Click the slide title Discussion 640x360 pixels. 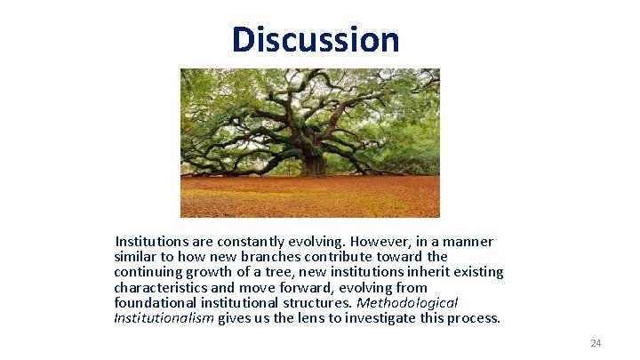(x=316, y=40)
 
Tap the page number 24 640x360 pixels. (x=596, y=343)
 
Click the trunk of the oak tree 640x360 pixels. (x=311, y=160)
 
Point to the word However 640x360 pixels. (x=380, y=242)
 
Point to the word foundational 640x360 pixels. (x=154, y=303)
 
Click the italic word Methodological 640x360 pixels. (x=406, y=303)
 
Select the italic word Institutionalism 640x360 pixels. (x=164, y=318)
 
